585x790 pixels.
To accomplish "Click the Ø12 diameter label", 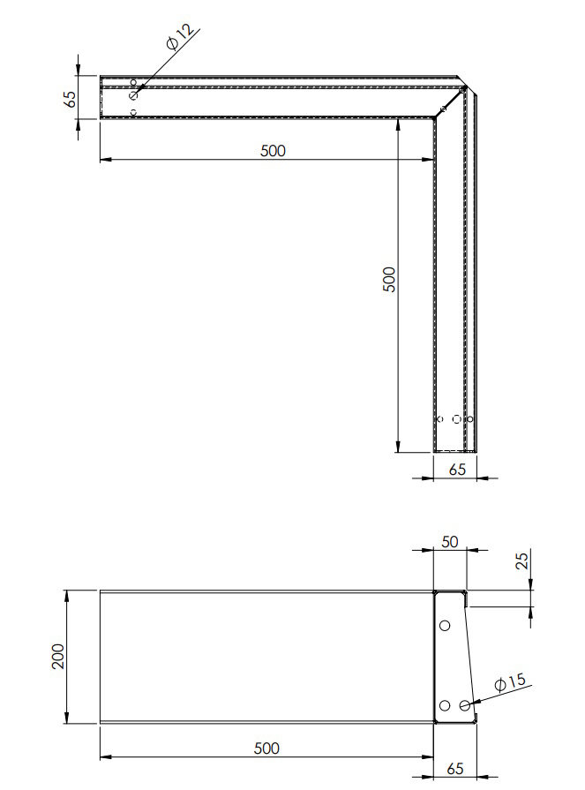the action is (179, 37).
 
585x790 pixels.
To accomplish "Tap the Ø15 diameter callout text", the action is (510, 682).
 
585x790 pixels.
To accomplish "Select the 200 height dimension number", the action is (58, 656).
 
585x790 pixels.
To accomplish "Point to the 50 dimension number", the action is (450, 542).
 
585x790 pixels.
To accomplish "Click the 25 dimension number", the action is (523, 561).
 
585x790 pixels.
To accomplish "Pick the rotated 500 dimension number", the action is (390, 279).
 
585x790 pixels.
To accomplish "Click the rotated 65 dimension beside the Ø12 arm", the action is (70, 98).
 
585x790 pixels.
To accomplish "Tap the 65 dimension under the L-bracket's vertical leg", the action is (457, 469).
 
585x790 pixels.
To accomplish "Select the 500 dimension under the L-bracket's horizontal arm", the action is (273, 151).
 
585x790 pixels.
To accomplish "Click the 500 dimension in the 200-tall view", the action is (266, 749).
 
